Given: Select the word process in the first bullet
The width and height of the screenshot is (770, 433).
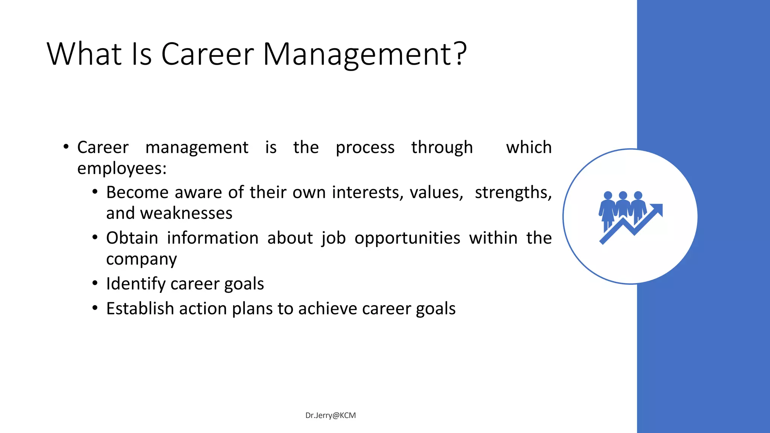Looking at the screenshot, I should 365,148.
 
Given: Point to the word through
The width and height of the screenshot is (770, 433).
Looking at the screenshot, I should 442,148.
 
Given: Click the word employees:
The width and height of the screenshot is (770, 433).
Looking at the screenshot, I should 122,168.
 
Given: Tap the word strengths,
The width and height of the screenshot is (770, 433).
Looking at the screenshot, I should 513,193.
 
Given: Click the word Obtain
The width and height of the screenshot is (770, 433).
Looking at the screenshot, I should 132,238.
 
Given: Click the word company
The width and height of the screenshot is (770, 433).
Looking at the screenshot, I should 141,259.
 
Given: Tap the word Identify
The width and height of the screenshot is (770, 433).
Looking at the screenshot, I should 135,284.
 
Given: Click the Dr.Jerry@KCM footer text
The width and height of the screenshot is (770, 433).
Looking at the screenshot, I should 330,415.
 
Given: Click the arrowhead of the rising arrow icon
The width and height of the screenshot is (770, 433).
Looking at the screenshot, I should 658,209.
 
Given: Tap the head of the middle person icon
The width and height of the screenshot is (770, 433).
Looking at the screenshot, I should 623,195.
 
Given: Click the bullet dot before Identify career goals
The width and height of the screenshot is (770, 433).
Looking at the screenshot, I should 95,283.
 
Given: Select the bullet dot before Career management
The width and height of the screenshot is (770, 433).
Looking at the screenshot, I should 66,147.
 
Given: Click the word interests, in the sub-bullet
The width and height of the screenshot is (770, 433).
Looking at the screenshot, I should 368,193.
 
